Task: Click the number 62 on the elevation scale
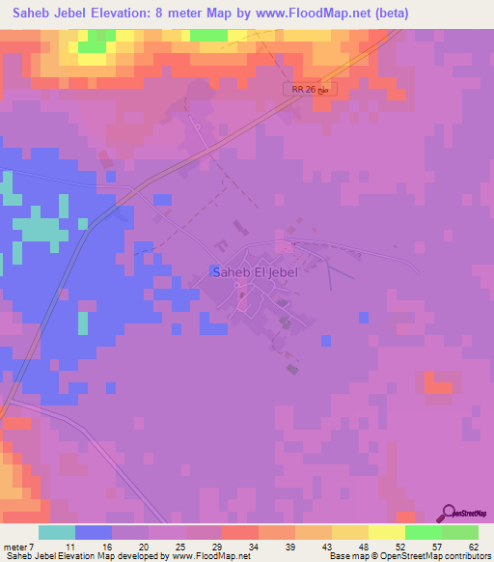tap(473, 547)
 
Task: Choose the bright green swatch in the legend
tap(423, 532)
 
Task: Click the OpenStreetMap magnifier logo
tap(451, 513)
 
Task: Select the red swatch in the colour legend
tap(239, 532)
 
